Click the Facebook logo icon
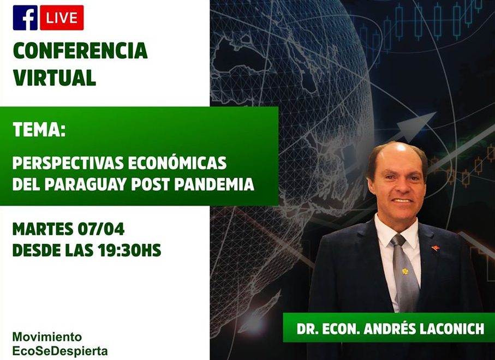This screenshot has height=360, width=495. click(25, 17)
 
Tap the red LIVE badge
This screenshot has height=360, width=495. click(62, 17)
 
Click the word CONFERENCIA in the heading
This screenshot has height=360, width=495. click(81, 51)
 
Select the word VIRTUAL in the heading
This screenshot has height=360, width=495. click(55, 77)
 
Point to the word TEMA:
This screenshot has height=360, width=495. click(39, 129)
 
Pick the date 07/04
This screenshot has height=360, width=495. click(101, 230)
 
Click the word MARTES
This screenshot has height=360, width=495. click(43, 230)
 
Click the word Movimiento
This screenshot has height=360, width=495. click(47, 337)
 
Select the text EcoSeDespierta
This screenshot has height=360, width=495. click(60, 351)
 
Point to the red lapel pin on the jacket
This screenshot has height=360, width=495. click(436, 248)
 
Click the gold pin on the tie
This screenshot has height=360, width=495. click(405, 271)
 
